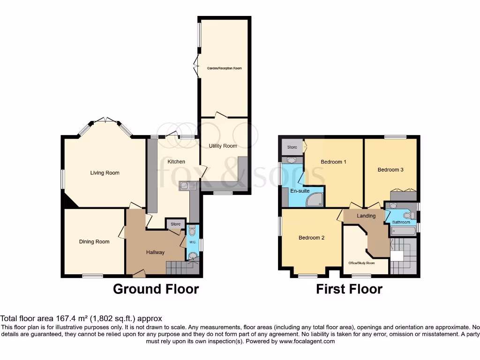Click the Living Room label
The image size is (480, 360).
pyautogui.click(x=105, y=173)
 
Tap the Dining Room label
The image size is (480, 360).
pyautogui.click(x=94, y=242)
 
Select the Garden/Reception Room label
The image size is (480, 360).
pyautogui.click(x=224, y=68)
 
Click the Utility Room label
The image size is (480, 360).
pyautogui.click(x=223, y=146)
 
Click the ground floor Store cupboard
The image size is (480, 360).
pyautogui.click(x=175, y=224)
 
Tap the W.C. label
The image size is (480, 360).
pyautogui.click(x=192, y=242)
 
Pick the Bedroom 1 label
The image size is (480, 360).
pyautogui.click(x=333, y=162)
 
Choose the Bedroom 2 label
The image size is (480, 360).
pyautogui.click(x=311, y=238)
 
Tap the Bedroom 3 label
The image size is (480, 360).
pyautogui.click(x=390, y=170)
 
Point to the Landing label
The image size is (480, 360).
pyautogui.click(x=366, y=216)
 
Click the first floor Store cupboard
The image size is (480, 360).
pyautogui.click(x=292, y=147)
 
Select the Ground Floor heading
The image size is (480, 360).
pyautogui.click(x=156, y=289)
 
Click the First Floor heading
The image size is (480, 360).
pyautogui.click(x=349, y=289)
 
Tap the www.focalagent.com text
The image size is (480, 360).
pyautogui.click(x=307, y=342)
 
